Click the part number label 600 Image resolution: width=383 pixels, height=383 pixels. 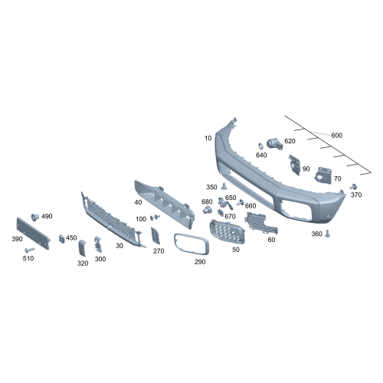336,135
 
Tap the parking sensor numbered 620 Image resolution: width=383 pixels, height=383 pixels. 274,144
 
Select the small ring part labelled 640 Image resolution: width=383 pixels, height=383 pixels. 260,146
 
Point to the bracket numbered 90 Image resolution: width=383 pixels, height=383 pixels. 294,165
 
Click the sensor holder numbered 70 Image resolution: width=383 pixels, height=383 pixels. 323,175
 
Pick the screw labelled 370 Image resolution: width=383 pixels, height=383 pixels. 354,187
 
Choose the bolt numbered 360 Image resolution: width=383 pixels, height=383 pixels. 328,234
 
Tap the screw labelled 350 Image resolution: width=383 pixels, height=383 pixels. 224,186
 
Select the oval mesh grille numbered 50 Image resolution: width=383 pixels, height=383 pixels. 227,231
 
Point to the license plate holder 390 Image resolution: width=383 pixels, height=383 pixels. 33,233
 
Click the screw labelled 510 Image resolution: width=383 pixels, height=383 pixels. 30,249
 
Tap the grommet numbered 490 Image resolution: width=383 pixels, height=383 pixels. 34,218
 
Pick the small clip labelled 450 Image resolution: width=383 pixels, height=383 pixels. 62,239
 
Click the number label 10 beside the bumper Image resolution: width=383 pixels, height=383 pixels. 208,138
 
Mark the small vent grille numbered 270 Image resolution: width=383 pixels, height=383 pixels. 155,235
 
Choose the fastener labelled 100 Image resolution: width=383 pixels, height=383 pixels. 155,218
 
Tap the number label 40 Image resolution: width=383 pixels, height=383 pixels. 138,202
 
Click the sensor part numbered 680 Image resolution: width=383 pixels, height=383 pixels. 208,210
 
